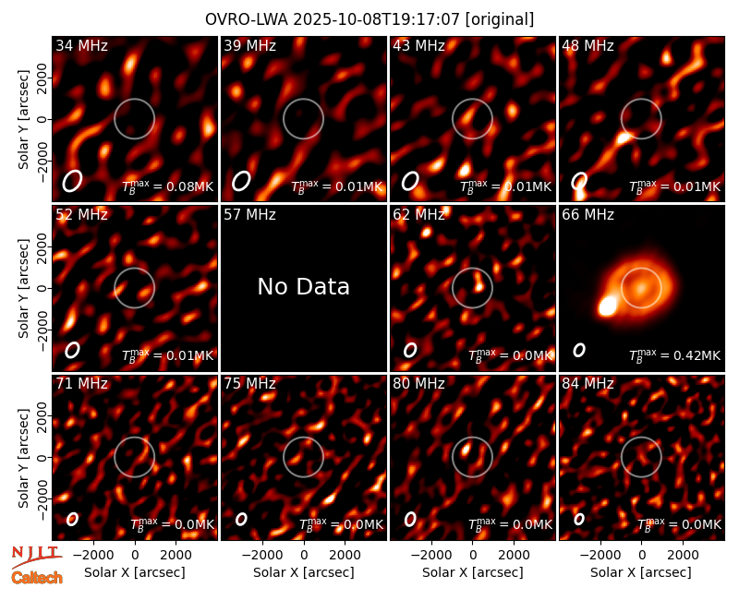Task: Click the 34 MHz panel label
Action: (x=81, y=45)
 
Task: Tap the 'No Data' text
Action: (x=304, y=286)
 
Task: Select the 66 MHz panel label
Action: (x=588, y=215)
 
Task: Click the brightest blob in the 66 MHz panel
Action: (x=607, y=306)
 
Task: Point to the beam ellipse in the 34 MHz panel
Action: (x=73, y=181)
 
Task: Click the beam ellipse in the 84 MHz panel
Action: (x=579, y=519)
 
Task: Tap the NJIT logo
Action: (x=36, y=556)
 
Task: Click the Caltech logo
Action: (x=37, y=578)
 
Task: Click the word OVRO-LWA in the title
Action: (x=247, y=19)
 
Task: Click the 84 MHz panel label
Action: (x=588, y=384)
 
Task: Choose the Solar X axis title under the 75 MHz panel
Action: (x=304, y=572)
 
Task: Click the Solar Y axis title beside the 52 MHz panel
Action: (x=24, y=288)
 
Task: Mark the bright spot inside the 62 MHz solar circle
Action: (x=479, y=286)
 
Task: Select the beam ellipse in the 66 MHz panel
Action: (x=579, y=350)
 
